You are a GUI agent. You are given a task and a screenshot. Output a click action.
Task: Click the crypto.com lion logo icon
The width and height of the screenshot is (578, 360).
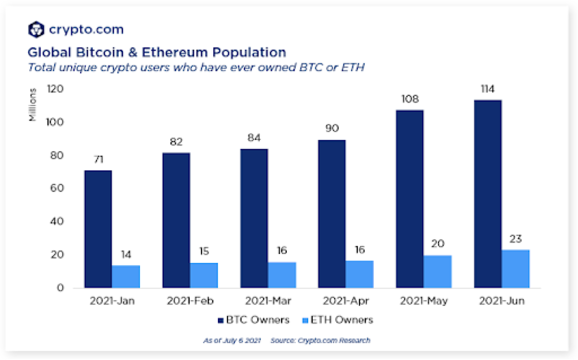pos(36,30)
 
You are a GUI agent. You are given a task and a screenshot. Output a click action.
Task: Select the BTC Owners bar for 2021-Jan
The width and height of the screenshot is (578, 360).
pos(98,229)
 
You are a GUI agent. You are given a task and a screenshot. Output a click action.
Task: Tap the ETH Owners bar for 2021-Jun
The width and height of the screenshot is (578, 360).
pos(515,269)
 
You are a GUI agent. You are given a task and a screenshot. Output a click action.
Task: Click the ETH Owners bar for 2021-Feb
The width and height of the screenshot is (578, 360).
pos(204,275)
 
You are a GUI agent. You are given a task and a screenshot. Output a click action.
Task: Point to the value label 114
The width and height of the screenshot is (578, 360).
pos(487,90)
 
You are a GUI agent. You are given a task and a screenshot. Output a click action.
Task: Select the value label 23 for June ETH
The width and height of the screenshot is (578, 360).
pos(515,239)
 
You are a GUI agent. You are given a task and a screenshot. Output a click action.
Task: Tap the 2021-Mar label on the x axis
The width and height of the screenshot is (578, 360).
pos(268,301)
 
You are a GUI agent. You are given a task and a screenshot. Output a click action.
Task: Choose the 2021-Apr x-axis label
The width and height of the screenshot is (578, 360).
pos(346,301)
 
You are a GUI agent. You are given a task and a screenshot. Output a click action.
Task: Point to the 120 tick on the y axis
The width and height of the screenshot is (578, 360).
pos(55,90)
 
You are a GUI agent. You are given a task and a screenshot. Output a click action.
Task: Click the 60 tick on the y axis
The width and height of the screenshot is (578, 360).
pos(57,188)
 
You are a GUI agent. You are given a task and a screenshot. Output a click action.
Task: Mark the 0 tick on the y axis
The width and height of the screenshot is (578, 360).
pos(60,288)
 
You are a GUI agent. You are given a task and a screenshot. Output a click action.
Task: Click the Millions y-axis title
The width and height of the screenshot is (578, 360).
pos(33,104)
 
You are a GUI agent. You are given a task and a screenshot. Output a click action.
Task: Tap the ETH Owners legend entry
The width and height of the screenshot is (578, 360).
pos(337,320)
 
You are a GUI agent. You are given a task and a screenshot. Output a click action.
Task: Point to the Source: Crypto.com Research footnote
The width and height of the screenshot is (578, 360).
pos(320,341)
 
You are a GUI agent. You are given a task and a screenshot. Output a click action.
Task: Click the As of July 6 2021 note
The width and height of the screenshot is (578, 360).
pos(232,341)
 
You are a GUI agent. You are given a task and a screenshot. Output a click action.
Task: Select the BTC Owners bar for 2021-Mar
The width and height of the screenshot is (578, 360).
pos(253,218)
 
